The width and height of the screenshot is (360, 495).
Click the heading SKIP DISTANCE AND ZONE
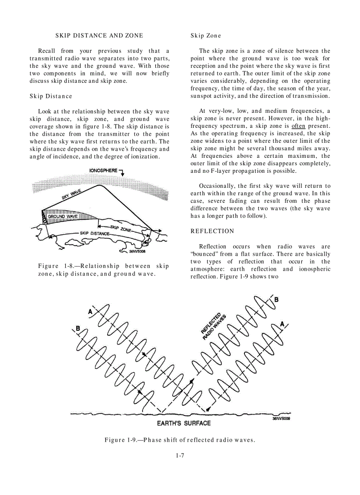tap(99, 35)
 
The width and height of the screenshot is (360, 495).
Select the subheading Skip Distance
tap(51, 96)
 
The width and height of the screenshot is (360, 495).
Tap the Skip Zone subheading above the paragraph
tap(206, 35)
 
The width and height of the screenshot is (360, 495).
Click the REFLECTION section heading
tap(212, 231)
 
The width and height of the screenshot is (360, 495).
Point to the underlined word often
tap(299, 126)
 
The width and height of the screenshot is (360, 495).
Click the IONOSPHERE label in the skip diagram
tap(104, 170)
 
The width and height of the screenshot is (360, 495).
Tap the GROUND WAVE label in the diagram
tap(63, 216)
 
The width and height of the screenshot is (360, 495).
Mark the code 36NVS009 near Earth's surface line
tap(281, 419)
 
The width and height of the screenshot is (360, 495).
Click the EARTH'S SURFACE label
tap(184, 423)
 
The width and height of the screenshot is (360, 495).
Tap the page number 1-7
tap(180, 455)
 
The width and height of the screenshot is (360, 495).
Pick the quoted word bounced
tap(205, 254)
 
